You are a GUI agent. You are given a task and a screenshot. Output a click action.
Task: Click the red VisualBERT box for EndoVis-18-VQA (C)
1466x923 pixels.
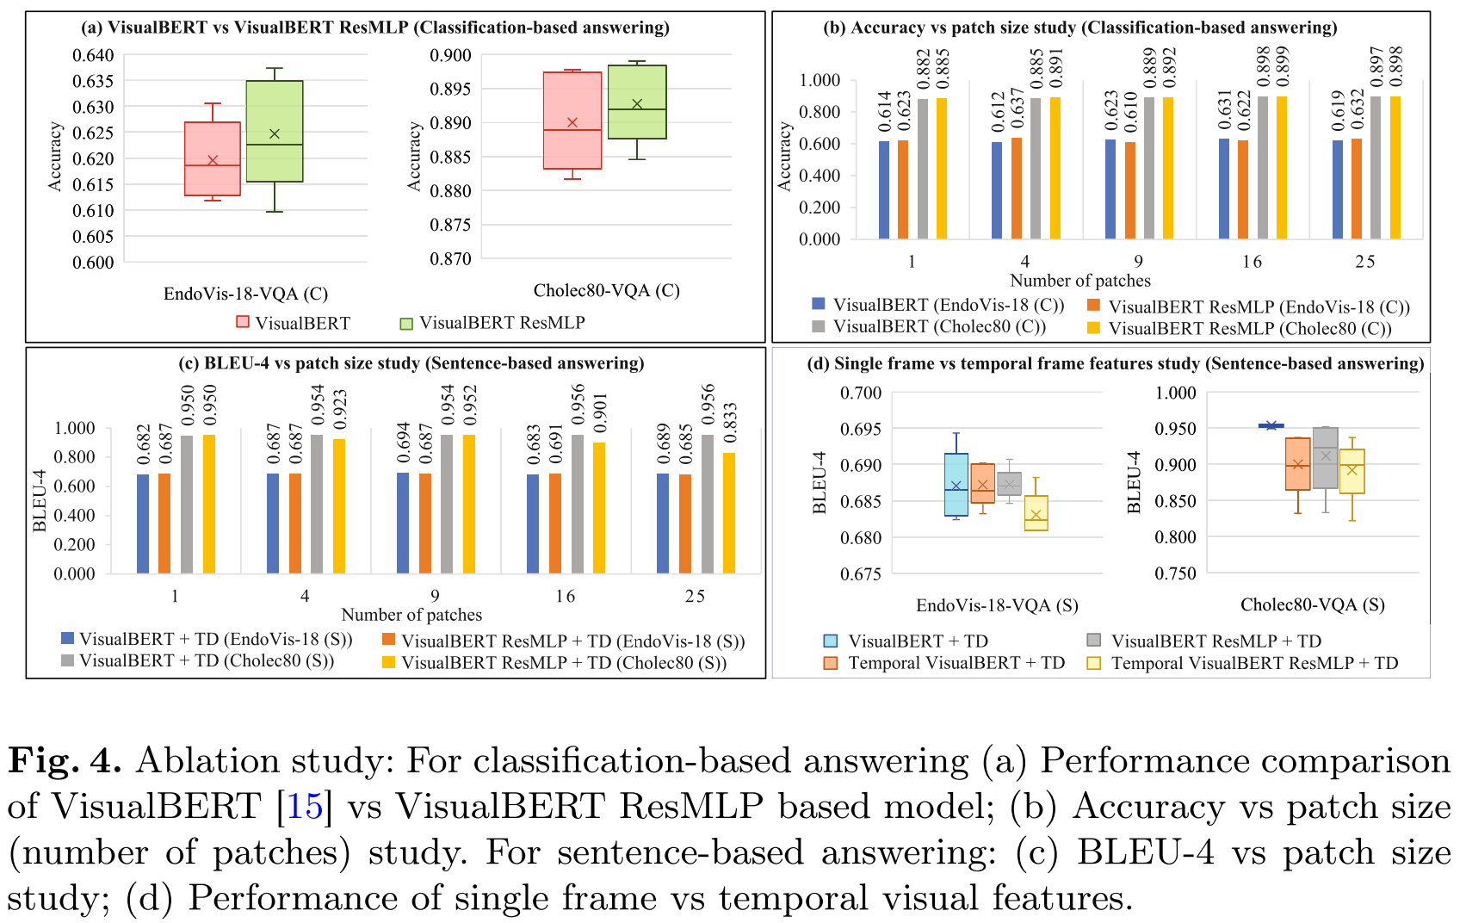[213, 158]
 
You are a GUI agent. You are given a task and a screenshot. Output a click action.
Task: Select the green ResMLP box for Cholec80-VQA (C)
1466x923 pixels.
[637, 102]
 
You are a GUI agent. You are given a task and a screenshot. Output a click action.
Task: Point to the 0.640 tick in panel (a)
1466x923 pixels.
[93, 56]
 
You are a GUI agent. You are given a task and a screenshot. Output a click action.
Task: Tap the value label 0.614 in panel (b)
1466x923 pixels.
[885, 112]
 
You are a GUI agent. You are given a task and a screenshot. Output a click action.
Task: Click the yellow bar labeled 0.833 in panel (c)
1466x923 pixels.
[729, 512]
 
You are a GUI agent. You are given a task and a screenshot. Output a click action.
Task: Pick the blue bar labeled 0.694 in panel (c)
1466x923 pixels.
[403, 523]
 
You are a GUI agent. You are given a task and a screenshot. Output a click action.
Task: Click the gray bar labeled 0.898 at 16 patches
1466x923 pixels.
[1263, 168]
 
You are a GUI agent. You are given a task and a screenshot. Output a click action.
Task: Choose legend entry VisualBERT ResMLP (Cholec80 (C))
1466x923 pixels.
[1249, 328]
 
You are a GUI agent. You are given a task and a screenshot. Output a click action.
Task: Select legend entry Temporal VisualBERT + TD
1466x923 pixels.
[956, 663]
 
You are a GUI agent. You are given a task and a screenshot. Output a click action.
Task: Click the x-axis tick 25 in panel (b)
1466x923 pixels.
[1364, 262]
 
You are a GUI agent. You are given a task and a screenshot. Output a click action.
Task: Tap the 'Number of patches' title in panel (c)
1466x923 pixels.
[411, 615]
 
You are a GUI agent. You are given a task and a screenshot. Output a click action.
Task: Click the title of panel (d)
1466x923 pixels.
[1115, 363]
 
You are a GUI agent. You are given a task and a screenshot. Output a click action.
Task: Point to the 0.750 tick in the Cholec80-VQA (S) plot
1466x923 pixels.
[1175, 574]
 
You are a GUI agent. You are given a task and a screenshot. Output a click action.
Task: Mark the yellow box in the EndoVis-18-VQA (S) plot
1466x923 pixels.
[1036, 513]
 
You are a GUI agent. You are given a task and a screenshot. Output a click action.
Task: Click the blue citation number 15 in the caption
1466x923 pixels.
[304, 807]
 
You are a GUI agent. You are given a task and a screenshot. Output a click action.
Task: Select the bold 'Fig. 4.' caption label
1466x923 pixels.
[64, 761]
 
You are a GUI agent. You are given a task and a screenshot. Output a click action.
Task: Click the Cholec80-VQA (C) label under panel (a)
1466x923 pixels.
[606, 290]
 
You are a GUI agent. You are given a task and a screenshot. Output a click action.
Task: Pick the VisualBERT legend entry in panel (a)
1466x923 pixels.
[293, 323]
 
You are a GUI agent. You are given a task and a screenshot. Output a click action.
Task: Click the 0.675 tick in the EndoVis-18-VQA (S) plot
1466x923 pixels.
[861, 574]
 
